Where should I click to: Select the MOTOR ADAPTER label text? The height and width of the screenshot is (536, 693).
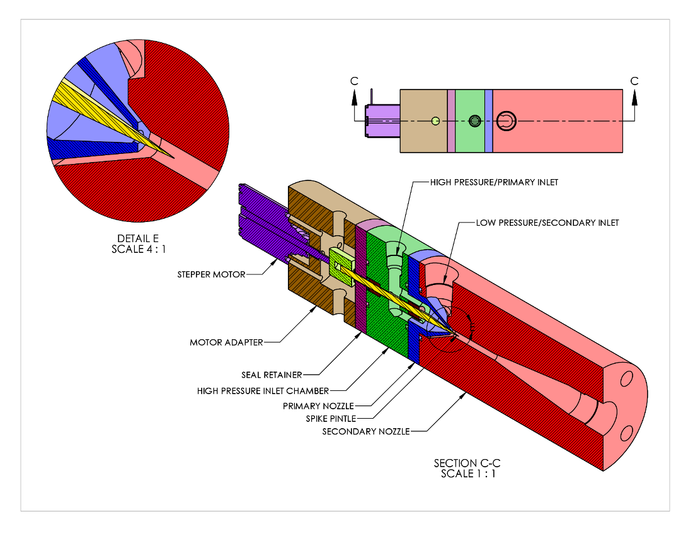pyautogui.click(x=226, y=342)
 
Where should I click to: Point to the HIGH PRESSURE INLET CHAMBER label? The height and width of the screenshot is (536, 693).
pyautogui.click(x=263, y=391)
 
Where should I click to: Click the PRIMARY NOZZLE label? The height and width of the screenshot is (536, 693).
pyautogui.click(x=318, y=406)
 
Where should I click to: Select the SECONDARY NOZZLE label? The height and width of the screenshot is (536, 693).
pyautogui.click(x=366, y=431)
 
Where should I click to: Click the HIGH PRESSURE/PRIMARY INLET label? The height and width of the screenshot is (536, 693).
pyautogui.click(x=494, y=182)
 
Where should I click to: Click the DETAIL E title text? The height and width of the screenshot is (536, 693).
pyautogui.click(x=139, y=238)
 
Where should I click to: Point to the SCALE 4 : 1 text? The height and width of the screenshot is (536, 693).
pyautogui.click(x=139, y=248)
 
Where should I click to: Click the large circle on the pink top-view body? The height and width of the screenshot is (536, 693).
pyautogui.click(x=507, y=120)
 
